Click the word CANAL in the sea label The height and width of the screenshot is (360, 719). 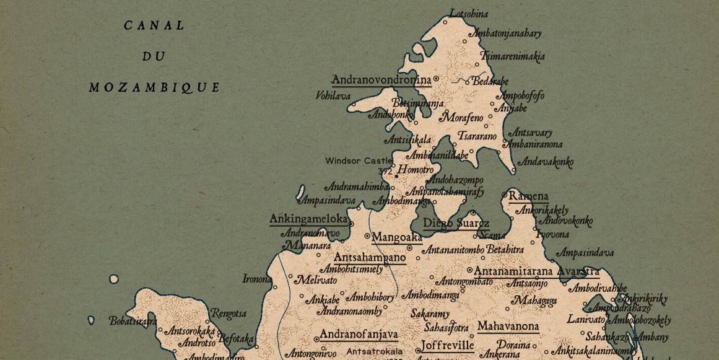click(154, 26)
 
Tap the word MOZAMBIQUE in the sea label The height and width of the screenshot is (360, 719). click(154, 87)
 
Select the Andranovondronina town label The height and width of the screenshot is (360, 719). click(381, 80)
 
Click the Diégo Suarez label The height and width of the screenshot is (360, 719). click(456, 224)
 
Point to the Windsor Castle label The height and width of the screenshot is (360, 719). click(359, 160)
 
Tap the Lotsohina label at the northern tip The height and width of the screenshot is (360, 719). click(469, 14)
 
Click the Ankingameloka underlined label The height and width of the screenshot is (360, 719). click(308, 219)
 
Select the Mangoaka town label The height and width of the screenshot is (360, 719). click(396, 237)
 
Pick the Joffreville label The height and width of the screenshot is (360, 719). click(447, 345)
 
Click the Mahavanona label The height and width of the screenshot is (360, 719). click(507, 327)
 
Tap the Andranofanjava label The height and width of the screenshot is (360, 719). click(359, 335)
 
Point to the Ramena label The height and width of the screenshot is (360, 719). click(528, 196)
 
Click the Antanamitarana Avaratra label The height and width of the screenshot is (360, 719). click(536, 271)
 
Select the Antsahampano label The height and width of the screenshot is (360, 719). click(370, 257)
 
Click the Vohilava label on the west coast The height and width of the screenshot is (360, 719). click(333, 96)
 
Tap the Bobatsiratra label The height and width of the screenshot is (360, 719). click(133, 321)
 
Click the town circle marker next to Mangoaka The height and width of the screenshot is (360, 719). click(367, 236)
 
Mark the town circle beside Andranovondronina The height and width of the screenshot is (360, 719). click(436, 79)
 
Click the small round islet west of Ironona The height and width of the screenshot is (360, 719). click(113, 279)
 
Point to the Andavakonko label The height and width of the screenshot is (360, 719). click(545, 162)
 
